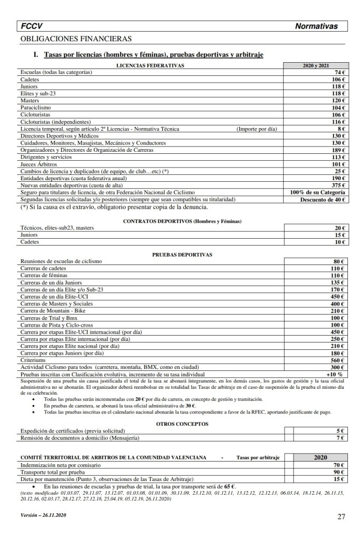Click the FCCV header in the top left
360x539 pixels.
click(33, 26)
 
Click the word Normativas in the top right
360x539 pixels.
click(316, 26)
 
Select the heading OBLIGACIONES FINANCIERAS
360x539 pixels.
click(76, 39)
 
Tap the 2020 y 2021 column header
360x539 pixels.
click(315, 66)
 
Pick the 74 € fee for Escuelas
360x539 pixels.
click(339, 72)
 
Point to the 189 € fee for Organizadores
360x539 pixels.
click(338, 150)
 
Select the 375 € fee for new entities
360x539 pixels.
click(338, 185)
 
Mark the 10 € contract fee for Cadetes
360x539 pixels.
click(339, 242)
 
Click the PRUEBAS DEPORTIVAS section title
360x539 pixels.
click(182, 254)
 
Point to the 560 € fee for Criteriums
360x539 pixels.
click(338, 360)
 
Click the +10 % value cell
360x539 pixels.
click(335, 374)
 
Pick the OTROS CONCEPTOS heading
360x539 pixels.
click(182, 423)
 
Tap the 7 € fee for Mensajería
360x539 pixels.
click(340, 438)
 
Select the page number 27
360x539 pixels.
click(341, 516)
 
